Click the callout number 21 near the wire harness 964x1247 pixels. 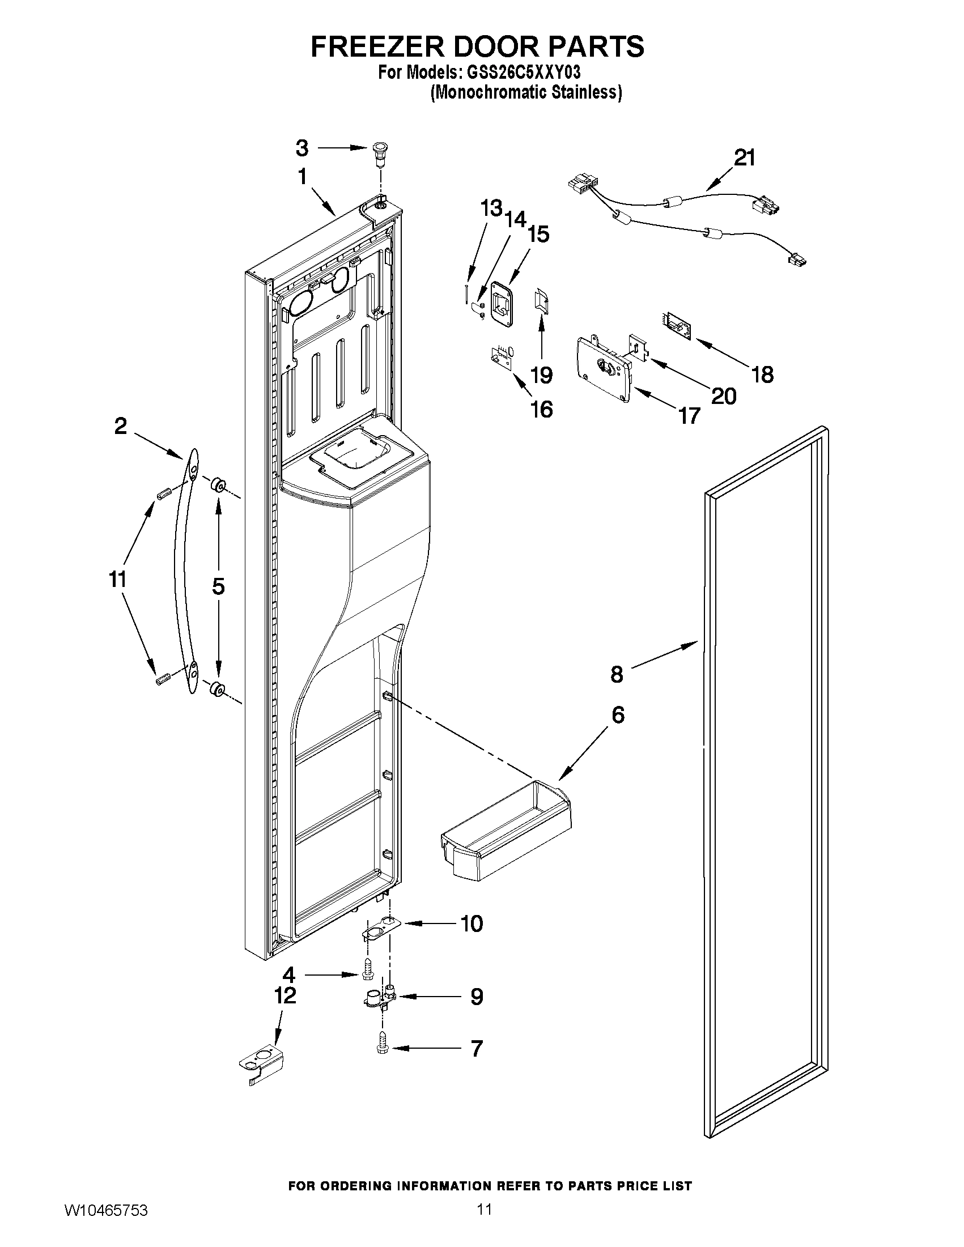tap(744, 158)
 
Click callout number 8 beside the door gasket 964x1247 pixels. tap(617, 674)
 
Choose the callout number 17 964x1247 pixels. tap(689, 416)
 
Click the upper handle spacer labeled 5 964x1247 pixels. tap(217, 486)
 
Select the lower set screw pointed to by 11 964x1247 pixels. tap(163, 680)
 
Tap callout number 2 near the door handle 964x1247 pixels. tap(121, 425)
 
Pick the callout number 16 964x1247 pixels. tap(541, 410)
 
